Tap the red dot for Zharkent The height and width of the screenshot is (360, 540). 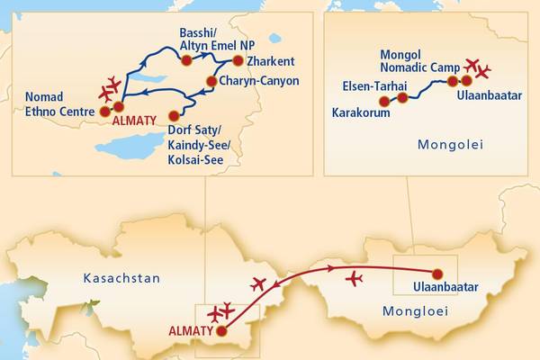coord(238,61)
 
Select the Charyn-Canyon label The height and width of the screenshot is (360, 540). coord(258,81)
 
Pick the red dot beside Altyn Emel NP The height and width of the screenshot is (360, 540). coord(186,61)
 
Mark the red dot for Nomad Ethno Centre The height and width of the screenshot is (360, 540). coord(104,112)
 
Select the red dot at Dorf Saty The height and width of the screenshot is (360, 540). coord(174,115)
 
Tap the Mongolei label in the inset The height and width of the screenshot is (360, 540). coord(447,143)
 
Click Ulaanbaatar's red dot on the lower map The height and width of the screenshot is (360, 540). coord(438,274)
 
